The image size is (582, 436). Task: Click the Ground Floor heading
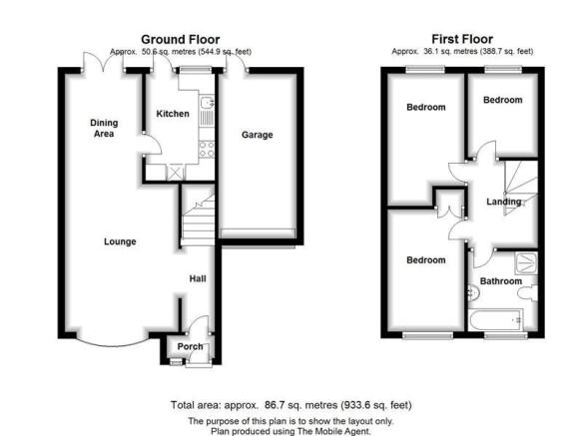tap(181, 39)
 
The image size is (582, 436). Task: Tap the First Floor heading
tap(462, 39)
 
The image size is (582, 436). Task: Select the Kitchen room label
tap(173, 114)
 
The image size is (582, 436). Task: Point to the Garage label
tap(258, 135)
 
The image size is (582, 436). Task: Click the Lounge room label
tap(120, 241)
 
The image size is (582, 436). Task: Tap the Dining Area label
tap(104, 128)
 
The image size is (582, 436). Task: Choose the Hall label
tap(198, 278)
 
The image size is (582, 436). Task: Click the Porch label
tap(190, 346)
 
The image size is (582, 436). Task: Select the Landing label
tap(504, 202)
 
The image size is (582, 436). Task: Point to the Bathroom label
tap(501, 281)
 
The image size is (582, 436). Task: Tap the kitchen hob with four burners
tap(207, 150)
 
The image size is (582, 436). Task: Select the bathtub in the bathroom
tap(495, 320)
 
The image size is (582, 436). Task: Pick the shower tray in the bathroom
tap(526, 263)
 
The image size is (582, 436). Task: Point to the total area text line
tap(291, 405)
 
